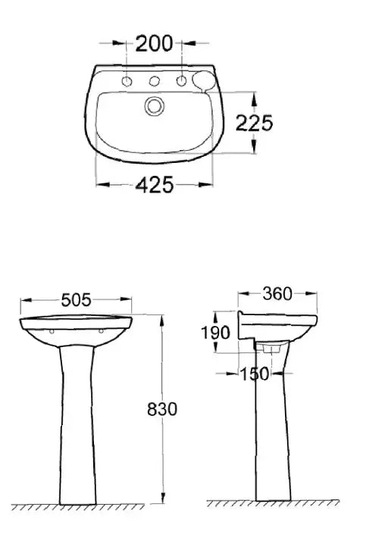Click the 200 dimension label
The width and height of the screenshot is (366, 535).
pos(154,44)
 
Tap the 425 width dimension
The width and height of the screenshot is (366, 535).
pos(155,185)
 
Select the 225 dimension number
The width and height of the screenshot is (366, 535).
pos(254,123)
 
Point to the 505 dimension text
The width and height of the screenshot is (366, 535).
pos(76,300)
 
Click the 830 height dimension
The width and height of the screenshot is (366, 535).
pos(162,409)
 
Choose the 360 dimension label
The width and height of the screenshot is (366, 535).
pos(277,294)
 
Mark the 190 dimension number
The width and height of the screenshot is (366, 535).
pos(215,333)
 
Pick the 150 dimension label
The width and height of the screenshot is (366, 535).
pos(255,374)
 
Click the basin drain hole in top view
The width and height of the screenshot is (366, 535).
pos(154,106)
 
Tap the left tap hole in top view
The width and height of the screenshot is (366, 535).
pos(127,82)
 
